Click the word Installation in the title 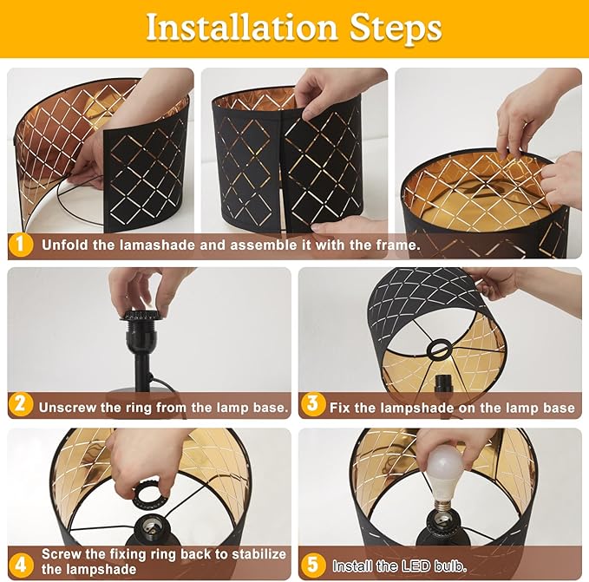(x=242, y=27)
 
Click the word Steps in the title (x=396, y=29)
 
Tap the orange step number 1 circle (x=20, y=245)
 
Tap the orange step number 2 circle (x=20, y=404)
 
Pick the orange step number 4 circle (x=20, y=565)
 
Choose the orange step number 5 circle (x=313, y=565)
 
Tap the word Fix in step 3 (x=340, y=408)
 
